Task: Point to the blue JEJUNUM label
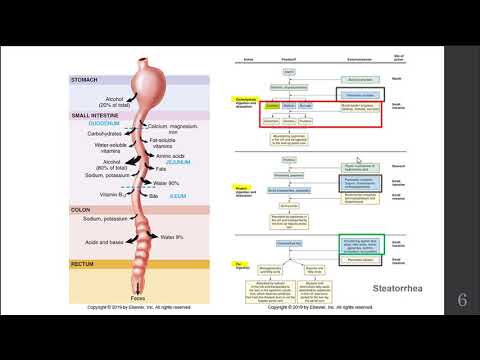coord(183,152)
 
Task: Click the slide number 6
coord(462,300)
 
